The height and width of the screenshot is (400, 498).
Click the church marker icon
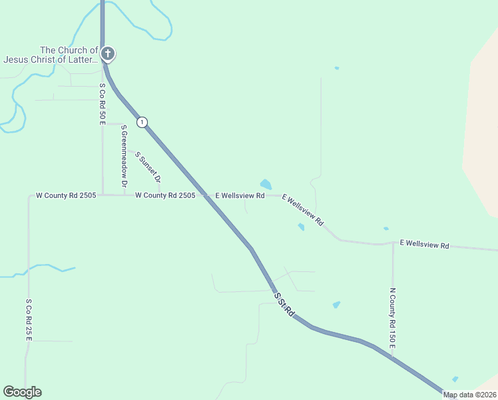click(108, 54)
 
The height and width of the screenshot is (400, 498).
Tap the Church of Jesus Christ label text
click(51, 55)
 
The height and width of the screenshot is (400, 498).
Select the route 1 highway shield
click(142, 122)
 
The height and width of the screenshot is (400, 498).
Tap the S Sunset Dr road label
click(148, 167)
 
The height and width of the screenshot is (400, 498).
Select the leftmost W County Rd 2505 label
click(66, 195)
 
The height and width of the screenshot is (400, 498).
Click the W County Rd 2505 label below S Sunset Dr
click(165, 195)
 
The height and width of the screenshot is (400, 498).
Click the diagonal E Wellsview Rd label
click(303, 209)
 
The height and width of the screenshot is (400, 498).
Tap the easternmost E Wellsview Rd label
click(425, 245)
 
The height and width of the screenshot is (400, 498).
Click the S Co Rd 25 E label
click(29, 320)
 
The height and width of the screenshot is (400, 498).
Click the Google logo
click(22, 392)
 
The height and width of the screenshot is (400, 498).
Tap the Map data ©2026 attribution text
click(469, 395)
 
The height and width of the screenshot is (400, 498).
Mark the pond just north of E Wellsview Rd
click(266, 184)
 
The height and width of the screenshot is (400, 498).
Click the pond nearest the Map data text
click(455, 379)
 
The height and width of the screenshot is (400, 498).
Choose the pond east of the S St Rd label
click(336, 305)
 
